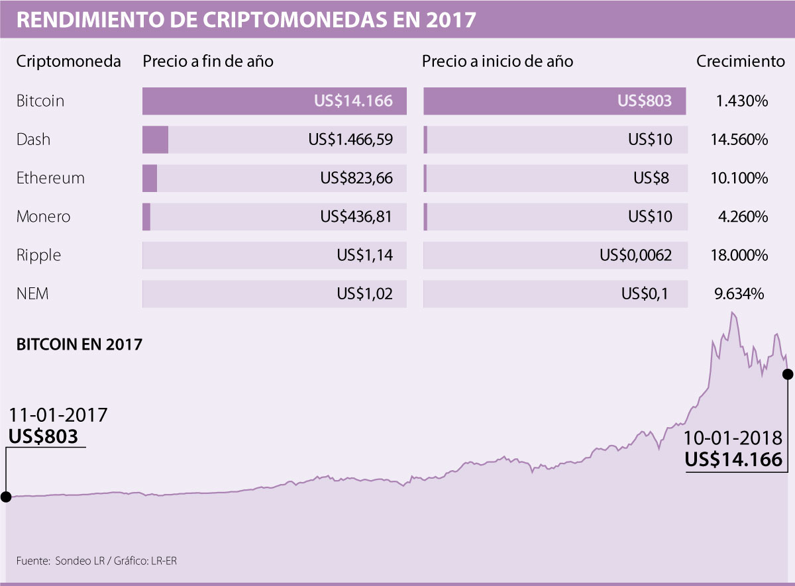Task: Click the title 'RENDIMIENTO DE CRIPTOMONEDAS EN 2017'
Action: pyautogui.click(x=245, y=19)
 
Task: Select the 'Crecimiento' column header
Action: pyautogui.click(x=740, y=62)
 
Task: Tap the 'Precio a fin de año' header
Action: pyautogui.click(x=208, y=62)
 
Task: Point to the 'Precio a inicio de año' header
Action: pyautogui.click(x=498, y=62)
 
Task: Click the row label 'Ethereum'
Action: pyautogui.click(x=50, y=178)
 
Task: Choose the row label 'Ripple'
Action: pyautogui.click(x=38, y=255)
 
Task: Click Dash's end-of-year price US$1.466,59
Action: pyautogui.click(x=350, y=140)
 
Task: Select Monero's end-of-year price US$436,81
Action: pyautogui.click(x=356, y=217)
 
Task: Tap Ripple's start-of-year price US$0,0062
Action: pyautogui.click(x=635, y=255)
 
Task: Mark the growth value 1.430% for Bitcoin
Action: pyautogui.click(x=742, y=101)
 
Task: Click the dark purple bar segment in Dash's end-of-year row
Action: pyautogui.click(x=155, y=140)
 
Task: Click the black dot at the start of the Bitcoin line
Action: pyautogui.click(x=5, y=497)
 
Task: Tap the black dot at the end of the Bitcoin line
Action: pyautogui.click(x=788, y=374)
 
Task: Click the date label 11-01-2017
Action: pyautogui.click(x=58, y=415)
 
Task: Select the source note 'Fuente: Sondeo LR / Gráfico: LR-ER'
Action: pyautogui.click(x=97, y=561)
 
